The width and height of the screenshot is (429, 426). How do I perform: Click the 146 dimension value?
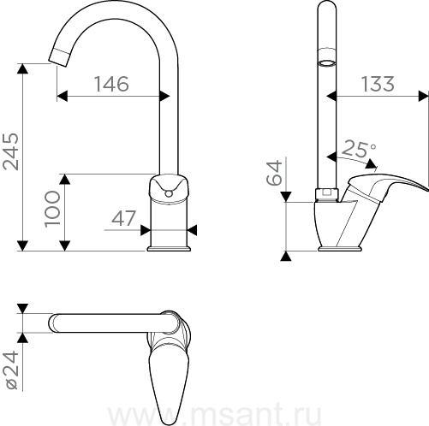tap(111, 84)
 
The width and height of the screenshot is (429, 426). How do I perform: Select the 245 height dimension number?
tap(11, 151)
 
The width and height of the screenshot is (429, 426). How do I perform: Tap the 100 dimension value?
tap(53, 209)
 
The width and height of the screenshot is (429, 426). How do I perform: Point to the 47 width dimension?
tap(123, 218)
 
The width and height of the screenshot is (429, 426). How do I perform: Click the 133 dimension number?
tap(378, 84)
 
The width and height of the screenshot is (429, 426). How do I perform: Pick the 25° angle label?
tap(359, 149)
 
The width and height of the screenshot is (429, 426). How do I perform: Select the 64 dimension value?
tap(274, 173)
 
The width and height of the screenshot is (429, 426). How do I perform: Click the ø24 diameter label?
tap(13, 370)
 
